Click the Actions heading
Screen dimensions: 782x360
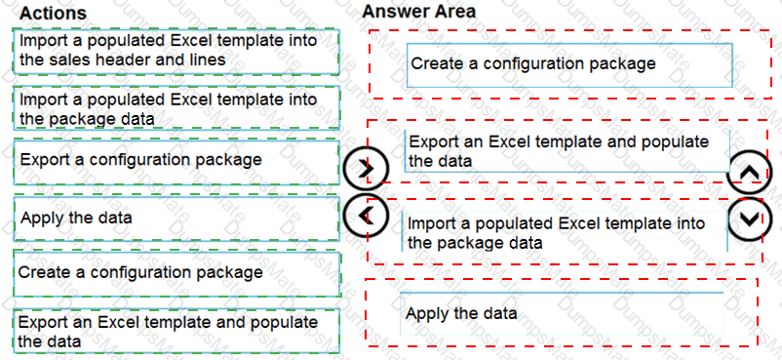click(53, 13)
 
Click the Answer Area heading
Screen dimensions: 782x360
click(419, 11)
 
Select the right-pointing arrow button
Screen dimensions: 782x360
click(368, 167)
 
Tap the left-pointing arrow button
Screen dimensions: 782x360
click(367, 216)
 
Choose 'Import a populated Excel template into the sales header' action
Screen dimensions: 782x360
click(176, 51)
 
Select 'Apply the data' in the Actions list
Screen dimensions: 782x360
click(176, 219)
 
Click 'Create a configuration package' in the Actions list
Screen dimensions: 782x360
click(176, 273)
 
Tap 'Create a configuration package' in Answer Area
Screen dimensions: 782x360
click(569, 65)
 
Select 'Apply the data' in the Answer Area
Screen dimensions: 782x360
click(561, 313)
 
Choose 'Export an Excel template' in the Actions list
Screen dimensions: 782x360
click(176, 331)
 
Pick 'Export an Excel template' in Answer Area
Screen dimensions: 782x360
click(567, 151)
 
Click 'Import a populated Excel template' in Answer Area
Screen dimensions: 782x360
click(565, 231)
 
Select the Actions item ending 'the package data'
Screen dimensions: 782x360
click(176, 107)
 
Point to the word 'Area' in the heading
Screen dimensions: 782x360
click(454, 11)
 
